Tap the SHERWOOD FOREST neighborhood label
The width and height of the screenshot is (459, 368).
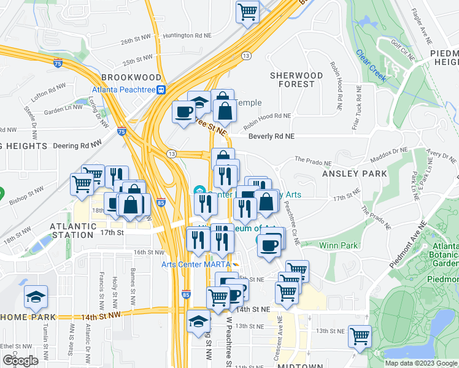point(296,80)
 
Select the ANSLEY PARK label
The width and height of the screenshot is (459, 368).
point(355,174)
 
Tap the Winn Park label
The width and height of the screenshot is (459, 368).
point(337,245)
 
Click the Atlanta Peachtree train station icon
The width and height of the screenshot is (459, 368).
point(161,90)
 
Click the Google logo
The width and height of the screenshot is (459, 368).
point(20,361)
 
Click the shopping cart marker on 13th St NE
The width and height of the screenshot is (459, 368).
point(360,336)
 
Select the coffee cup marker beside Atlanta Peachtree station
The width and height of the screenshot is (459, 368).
point(184,112)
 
